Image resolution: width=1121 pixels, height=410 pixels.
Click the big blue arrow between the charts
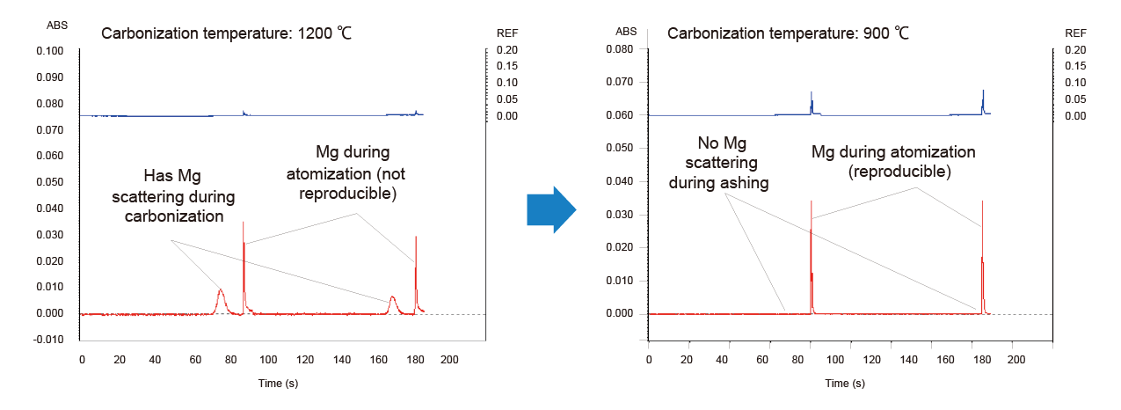(550, 209)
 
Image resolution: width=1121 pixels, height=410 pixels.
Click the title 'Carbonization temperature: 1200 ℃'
(228, 34)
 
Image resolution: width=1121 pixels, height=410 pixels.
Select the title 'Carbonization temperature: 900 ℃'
(789, 34)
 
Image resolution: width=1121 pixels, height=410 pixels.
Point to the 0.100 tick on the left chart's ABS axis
(50, 51)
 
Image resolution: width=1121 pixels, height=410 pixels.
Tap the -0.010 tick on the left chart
(50, 340)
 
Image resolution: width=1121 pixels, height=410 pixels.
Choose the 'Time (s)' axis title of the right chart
(845, 384)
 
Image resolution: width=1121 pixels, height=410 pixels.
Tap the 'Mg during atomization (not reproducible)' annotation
(352, 172)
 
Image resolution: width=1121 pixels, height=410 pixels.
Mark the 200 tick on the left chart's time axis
(449, 360)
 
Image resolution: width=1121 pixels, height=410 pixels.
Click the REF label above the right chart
(1075, 33)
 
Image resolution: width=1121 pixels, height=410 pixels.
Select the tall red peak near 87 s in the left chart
(244, 264)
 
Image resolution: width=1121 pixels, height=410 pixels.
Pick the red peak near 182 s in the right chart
(982, 264)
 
